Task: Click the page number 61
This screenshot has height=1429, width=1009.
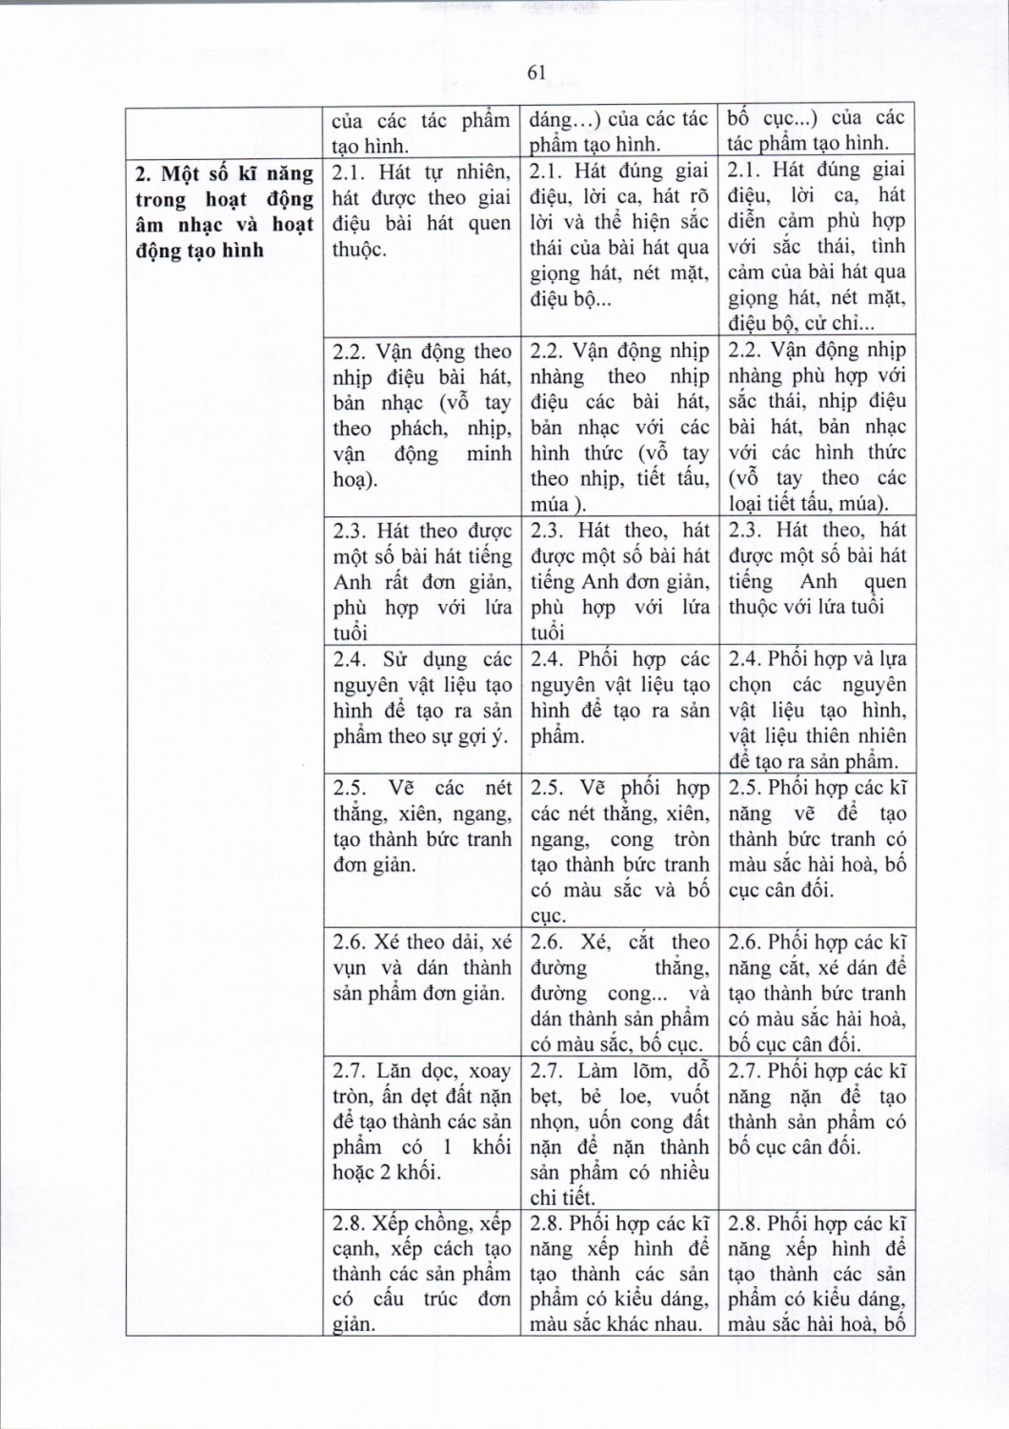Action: tap(535, 74)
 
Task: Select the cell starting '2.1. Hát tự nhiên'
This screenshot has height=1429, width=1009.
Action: tap(421, 210)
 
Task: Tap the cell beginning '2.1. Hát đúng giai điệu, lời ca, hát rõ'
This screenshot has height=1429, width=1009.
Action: tap(618, 234)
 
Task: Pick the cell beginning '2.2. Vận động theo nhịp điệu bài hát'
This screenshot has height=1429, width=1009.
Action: tap(421, 414)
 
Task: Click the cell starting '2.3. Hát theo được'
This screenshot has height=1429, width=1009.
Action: tap(421, 581)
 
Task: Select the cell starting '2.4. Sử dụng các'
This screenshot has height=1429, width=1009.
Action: tap(421, 697)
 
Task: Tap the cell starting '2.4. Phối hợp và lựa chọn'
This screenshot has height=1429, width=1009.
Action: tap(817, 710)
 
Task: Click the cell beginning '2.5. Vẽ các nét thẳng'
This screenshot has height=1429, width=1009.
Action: tap(421, 826)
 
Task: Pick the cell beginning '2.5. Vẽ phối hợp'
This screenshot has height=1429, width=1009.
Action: tap(618, 852)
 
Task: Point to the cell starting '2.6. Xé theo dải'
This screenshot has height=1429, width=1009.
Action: tap(421, 968)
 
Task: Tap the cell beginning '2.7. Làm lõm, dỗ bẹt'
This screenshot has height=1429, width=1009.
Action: tap(618, 1135)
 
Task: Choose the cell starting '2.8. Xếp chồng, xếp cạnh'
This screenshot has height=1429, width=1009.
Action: tap(421, 1274)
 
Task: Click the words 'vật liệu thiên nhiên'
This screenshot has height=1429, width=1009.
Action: tap(817, 736)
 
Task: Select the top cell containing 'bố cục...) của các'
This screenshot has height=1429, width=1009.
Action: tap(817, 131)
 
